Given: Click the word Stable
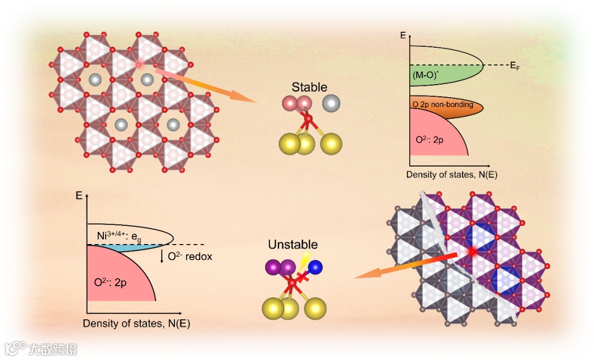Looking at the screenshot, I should (309, 87).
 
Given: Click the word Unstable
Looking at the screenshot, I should (293, 245).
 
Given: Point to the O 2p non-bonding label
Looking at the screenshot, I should (443, 104).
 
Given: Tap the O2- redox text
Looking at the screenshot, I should (190, 257).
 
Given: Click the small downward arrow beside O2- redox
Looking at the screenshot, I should (162, 256).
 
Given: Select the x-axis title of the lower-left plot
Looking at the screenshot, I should (136, 323).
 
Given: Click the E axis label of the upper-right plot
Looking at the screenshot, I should (404, 35).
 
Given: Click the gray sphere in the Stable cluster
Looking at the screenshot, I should (331, 102).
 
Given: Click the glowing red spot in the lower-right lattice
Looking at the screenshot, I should (472, 252).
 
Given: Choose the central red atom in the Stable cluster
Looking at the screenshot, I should (309, 118).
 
